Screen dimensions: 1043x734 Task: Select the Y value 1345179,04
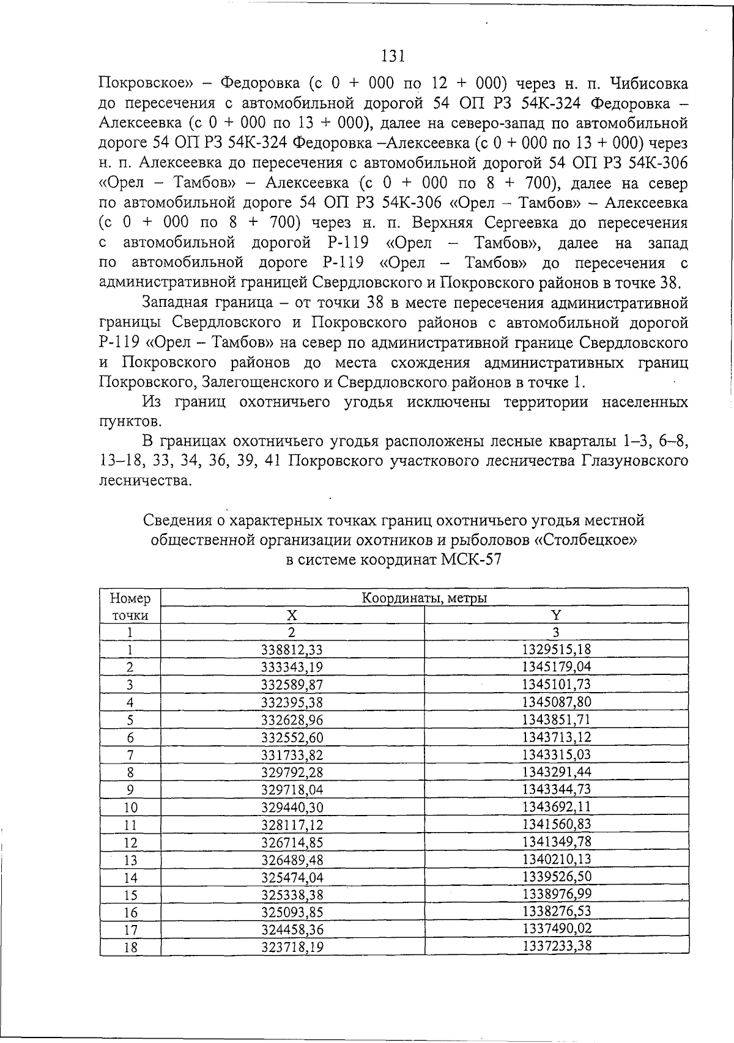(x=557, y=666)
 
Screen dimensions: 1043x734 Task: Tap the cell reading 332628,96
(x=292, y=720)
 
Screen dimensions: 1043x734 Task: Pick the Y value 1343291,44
(x=557, y=772)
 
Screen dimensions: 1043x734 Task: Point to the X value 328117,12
(x=292, y=825)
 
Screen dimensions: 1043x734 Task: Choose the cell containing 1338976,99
(x=557, y=895)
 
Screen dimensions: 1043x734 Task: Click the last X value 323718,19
(x=292, y=948)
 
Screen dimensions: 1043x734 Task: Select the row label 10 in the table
(x=130, y=808)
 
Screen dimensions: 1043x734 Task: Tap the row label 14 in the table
(x=130, y=878)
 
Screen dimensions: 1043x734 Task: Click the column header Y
(x=556, y=614)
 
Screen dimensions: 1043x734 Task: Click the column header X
(x=292, y=614)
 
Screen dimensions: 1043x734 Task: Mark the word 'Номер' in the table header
(x=130, y=598)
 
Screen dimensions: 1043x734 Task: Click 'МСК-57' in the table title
(x=471, y=559)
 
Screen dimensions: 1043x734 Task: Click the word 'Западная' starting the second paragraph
(x=172, y=303)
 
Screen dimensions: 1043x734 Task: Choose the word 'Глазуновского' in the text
(x=639, y=460)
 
